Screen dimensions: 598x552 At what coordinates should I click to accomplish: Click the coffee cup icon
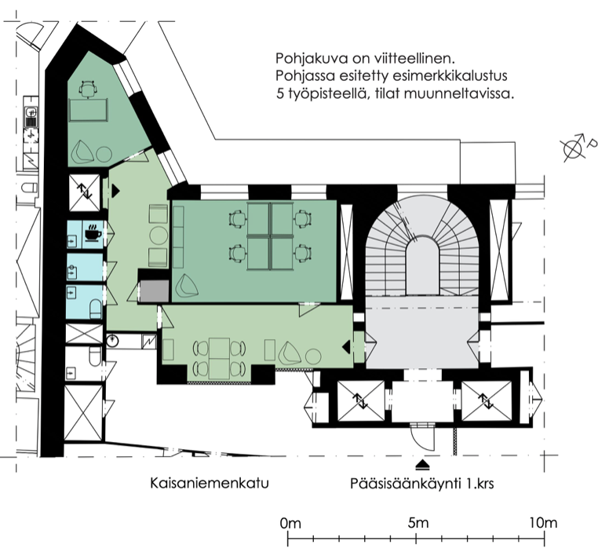click(x=93, y=232)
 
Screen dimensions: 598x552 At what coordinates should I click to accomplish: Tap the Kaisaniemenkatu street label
click(x=210, y=483)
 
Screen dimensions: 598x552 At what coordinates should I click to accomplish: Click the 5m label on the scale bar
click(x=418, y=522)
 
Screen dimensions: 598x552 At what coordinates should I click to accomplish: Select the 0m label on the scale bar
click(x=290, y=524)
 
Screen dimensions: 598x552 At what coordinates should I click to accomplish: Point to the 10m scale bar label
click(x=543, y=522)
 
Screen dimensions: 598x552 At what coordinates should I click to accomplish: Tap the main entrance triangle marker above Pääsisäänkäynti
click(x=422, y=465)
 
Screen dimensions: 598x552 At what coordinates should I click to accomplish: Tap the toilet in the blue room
click(x=96, y=309)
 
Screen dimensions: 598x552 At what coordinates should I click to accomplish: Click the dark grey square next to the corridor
click(x=154, y=291)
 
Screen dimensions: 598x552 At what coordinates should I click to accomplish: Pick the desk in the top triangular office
click(x=88, y=110)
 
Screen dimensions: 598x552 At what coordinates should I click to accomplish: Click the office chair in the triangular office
click(x=88, y=90)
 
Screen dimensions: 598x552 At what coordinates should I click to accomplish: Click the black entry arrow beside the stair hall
click(x=346, y=347)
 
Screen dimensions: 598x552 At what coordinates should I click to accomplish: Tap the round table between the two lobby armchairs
click(x=159, y=236)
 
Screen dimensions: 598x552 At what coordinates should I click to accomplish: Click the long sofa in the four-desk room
click(x=178, y=237)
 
